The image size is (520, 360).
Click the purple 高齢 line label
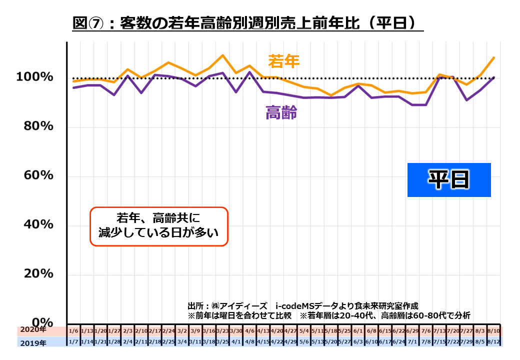pyautogui.click(x=281, y=113)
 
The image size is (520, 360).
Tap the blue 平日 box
pyautogui.click(x=449, y=179)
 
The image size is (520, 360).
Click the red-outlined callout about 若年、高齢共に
pyautogui.click(x=158, y=226)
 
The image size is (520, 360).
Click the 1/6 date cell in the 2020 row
pyautogui.click(x=73, y=331)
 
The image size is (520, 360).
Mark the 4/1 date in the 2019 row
pyautogui.click(x=236, y=342)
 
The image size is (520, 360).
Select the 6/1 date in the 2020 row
pyautogui.click(x=358, y=331)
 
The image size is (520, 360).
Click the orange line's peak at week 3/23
pyautogui.click(x=222, y=55)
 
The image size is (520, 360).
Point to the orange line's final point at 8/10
pyautogui.click(x=494, y=57)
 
